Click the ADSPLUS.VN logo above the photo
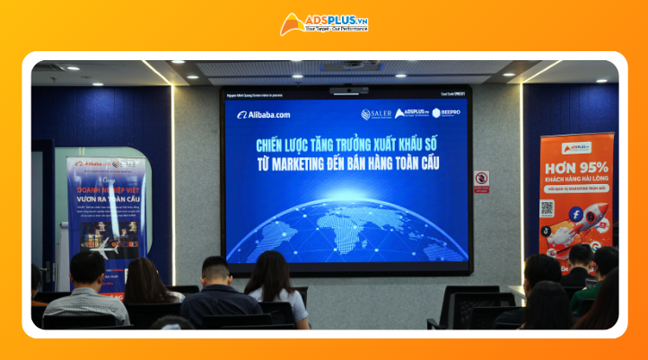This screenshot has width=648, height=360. pyautogui.click(x=324, y=23)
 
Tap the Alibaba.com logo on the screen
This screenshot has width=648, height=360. pyautogui.click(x=264, y=115)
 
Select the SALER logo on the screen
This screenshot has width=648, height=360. pyautogui.click(x=377, y=114)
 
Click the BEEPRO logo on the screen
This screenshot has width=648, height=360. pyautogui.click(x=446, y=113)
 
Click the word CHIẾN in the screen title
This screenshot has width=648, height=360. pyautogui.click(x=271, y=144)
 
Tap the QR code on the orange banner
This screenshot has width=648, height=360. pyautogui.click(x=547, y=207)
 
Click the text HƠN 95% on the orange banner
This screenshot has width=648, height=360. pyautogui.click(x=575, y=167)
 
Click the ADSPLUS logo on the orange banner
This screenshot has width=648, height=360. pyautogui.click(x=575, y=147)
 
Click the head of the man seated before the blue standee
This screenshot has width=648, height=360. pyautogui.click(x=88, y=267)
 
